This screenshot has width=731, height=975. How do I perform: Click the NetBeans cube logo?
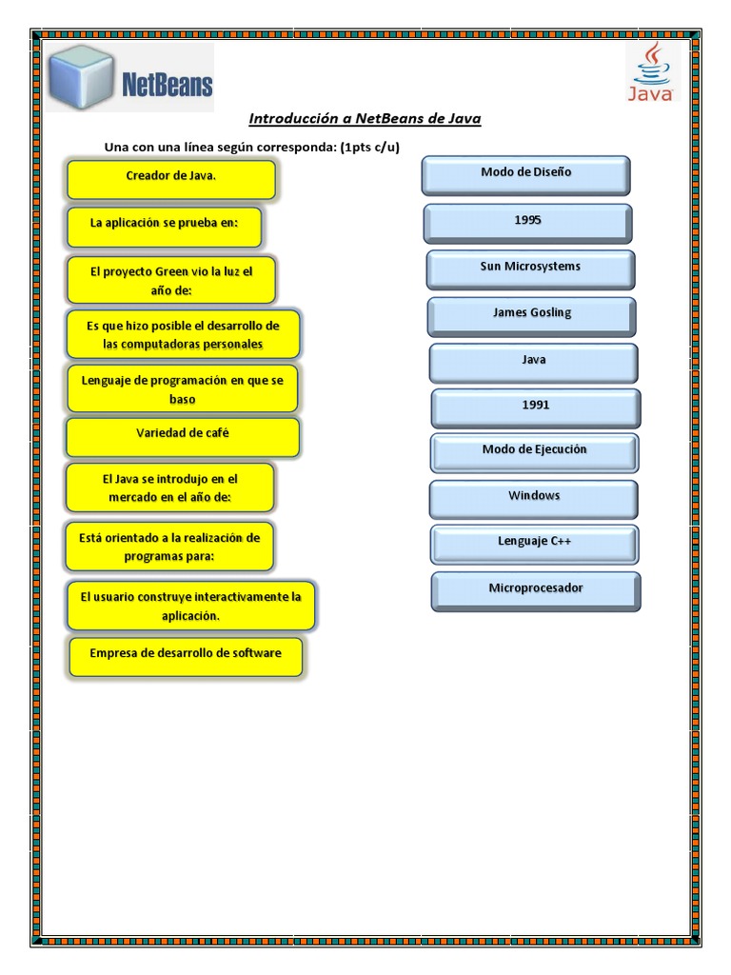(83, 77)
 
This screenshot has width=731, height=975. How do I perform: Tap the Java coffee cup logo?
(652, 71)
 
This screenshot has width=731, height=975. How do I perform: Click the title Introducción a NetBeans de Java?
(365, 119)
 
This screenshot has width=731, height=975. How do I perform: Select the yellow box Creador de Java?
(171, 178)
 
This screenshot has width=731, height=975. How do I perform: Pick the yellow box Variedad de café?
(183, 436)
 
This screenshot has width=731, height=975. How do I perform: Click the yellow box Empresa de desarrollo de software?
(186, 656)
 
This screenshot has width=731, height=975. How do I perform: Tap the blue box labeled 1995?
(527, 223)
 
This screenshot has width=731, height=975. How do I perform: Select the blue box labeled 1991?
(536, 408)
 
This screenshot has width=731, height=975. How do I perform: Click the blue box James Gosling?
(532, 315)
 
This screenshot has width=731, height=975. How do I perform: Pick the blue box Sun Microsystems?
(530, 269)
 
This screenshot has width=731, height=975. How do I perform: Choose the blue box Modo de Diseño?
(525, 175)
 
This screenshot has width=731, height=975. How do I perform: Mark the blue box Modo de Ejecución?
(534, 452)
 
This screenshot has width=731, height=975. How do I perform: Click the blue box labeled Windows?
(534, 498)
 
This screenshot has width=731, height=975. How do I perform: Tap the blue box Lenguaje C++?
(534, 544)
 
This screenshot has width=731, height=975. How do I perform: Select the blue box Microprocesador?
(536, 590)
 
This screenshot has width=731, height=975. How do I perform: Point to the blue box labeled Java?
(533, 362)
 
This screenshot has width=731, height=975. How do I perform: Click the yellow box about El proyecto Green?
(171, 280)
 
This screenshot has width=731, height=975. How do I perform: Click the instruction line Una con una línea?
(251, 147)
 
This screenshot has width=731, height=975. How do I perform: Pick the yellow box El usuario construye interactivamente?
(190, 606)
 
